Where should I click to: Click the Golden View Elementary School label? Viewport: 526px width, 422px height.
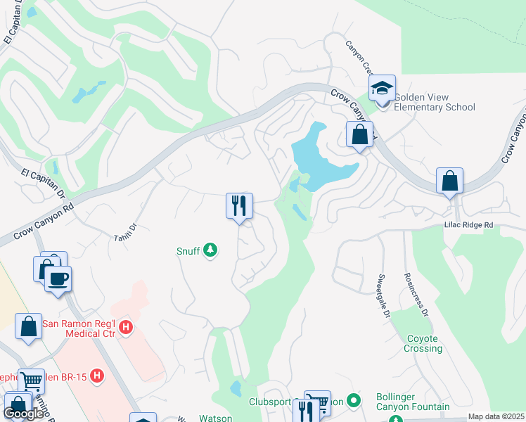click(x=434, y=102)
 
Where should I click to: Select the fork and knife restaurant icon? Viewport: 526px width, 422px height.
click(x=239, y=206)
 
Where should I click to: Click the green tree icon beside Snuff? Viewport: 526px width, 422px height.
click(x=210, y=250)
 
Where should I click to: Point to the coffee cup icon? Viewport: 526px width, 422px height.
click(x=58, y=279)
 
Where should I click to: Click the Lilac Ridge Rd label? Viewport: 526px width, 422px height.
click(x=469, y=224)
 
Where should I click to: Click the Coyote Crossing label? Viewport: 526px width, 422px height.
click(x=423, y=343)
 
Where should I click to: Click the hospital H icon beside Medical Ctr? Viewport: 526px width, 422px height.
click(x=126, y=327)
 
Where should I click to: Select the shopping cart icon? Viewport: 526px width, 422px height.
click(x=31, y=381)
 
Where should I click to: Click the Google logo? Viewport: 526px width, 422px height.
click(x=24, y=414)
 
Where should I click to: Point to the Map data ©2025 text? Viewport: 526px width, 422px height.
click(x=496, y=416)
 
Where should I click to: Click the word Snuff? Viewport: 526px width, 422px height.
click(x=188, y=250)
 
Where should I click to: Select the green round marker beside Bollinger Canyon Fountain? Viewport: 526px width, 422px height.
click(x=354, y=401)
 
